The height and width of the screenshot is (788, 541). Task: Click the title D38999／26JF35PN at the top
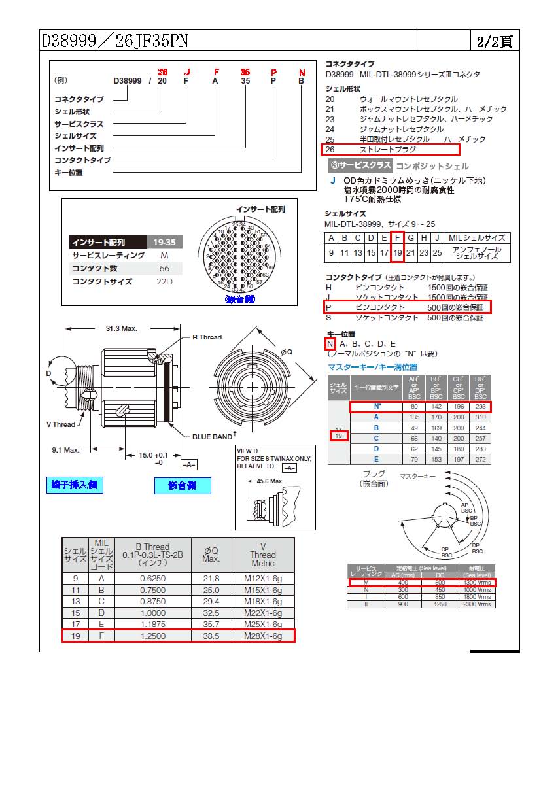[115, 41]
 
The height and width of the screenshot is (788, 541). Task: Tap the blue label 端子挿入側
[77, 485]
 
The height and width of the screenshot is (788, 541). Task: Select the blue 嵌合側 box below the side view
[183, 486]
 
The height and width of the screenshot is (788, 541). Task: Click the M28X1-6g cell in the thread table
[263, 635]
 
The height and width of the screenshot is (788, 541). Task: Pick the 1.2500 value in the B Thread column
[152, 635]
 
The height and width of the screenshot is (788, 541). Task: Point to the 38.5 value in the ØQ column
[211, 635]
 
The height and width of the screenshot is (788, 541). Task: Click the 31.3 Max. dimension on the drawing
[121, 328]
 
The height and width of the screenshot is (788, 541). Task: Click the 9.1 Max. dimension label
[65, 450]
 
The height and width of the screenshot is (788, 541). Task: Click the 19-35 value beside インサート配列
[164, 242]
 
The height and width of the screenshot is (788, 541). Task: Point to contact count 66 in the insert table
[164, 269]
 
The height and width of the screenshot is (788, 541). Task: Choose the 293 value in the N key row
[481, 407]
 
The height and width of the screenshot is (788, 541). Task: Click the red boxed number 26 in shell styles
[330, 150]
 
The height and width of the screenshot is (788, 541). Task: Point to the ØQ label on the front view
[287, 352]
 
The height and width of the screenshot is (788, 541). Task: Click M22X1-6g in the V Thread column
[263, 613]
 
